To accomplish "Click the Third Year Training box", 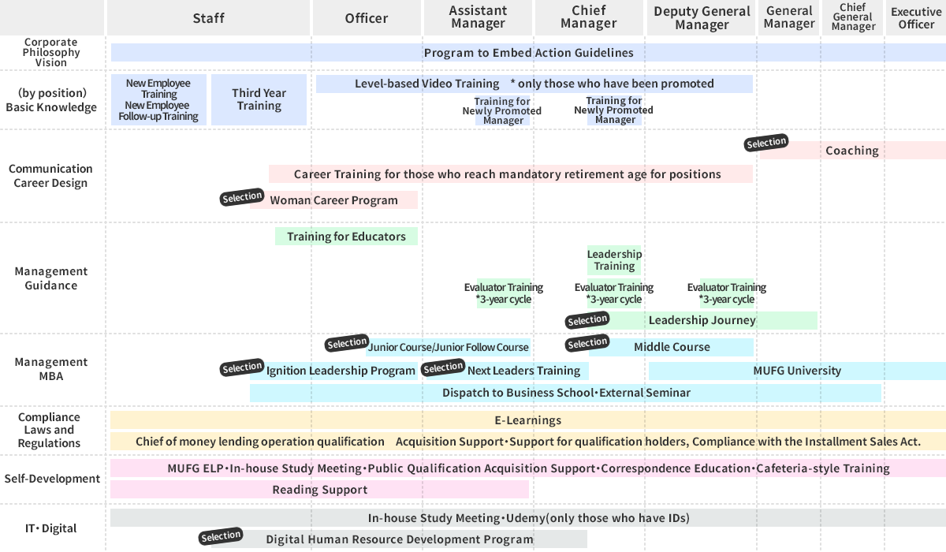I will pos(259,99).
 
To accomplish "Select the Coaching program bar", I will pos(851,151).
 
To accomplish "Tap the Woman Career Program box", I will pos(334,200).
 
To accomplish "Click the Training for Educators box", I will pos(346,237).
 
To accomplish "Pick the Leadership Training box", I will pos(614,260).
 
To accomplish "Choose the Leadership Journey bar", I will pos(702,320).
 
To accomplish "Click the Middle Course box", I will pos(672,347).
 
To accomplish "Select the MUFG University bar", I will pos(796,371).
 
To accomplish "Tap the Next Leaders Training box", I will pos(523,371).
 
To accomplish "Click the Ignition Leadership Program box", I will pos(341,371).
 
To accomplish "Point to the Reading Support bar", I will pos(319,490).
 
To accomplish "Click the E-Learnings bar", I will pos(527,420).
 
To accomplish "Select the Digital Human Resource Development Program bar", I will pos(399,539).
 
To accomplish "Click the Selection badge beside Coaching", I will pos(766,143).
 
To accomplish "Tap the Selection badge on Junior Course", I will pos(347,344).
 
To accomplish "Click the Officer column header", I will pos(367,18).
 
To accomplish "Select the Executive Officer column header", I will pos(916,18).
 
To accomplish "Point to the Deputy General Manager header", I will pos(702,18).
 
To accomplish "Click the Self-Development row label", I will pos(52,479).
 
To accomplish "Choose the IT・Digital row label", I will pos(52,528).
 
